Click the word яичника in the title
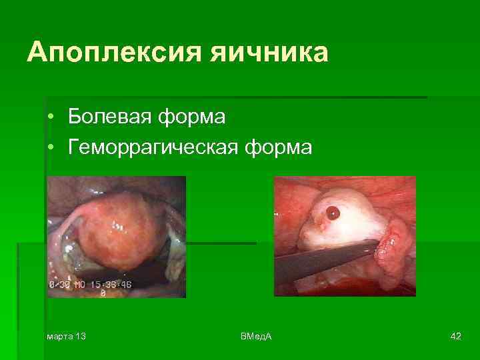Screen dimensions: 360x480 (269, 53)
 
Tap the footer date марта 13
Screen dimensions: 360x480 (66, 335)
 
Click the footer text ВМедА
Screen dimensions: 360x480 (256, 335)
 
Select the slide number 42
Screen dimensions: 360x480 (456, 335)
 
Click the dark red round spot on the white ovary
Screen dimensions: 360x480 (332, 213)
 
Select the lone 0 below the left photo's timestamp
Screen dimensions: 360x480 (103, 292)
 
